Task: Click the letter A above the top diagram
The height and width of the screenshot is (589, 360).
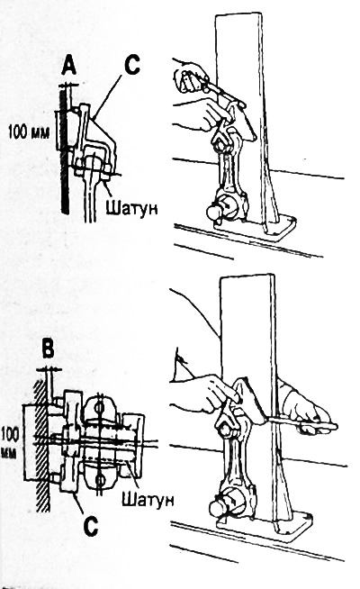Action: coord(69,66)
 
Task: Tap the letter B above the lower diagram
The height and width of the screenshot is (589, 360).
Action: coord(48,349)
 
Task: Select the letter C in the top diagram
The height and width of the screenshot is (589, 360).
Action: coord(131,65)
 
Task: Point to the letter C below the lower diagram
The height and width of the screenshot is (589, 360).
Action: coord(91,526)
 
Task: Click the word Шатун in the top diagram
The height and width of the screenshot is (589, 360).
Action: coord(131,207)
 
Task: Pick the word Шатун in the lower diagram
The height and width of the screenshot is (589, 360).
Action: coord(148,499)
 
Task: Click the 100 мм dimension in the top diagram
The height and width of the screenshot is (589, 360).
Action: coord(29,132)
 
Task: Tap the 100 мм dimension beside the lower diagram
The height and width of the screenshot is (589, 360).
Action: coord(9,442)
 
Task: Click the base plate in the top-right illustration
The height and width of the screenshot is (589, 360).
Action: coord(256,228)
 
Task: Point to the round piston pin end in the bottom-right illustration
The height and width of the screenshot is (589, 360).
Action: coord(218,508)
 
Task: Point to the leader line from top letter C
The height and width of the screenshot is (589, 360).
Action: coord(109,95)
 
